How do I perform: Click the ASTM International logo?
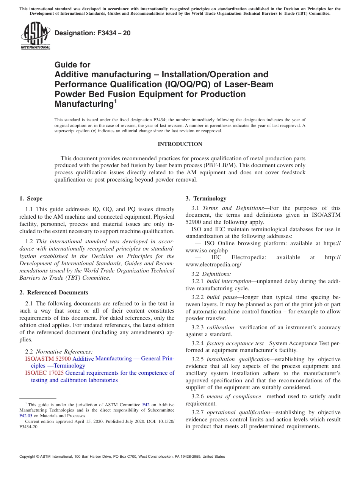click(x=35, y=36)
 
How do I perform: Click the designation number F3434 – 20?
click(x=92, y=33)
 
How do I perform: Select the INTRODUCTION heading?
click(x=180, y=144)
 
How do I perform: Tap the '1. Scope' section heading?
click(x=31, y=199)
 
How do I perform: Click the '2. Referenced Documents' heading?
click(x=54, y=293)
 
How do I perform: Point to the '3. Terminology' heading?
click(x=206, y=199)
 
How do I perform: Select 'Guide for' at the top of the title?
click(x=72, y=65)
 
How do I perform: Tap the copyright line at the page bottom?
click(x=122, y=457)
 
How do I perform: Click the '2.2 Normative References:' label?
click(x=59, y=352)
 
